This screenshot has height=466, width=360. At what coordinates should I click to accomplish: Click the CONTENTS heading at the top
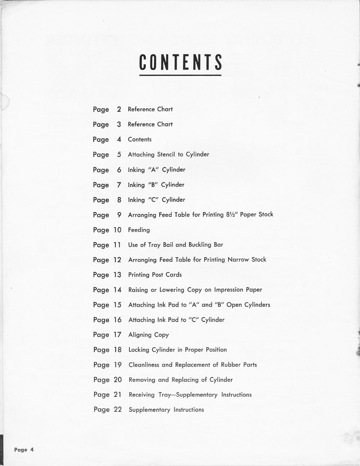click(180, 62)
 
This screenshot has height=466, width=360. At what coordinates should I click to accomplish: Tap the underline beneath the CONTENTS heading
click(180, 75)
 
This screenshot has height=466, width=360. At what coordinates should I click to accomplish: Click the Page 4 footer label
click(24, 449)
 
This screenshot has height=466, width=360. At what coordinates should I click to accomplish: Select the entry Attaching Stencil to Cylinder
click(168, 154)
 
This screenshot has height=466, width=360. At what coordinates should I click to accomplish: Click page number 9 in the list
click(119, 215)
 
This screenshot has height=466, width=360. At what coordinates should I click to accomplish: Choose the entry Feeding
click(139, 230)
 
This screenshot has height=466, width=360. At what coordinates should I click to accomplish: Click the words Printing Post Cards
click(155, 275)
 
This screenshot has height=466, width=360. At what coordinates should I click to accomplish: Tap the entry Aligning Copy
click(149, 335)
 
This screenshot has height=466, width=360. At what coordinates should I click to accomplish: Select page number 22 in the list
click(118, 409)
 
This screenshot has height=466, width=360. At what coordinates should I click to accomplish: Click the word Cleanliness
click(144, 365)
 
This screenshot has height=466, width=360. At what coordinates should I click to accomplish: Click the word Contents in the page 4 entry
click(140, 139)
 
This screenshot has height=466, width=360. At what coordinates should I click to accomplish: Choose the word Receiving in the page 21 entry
click(142, 395)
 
